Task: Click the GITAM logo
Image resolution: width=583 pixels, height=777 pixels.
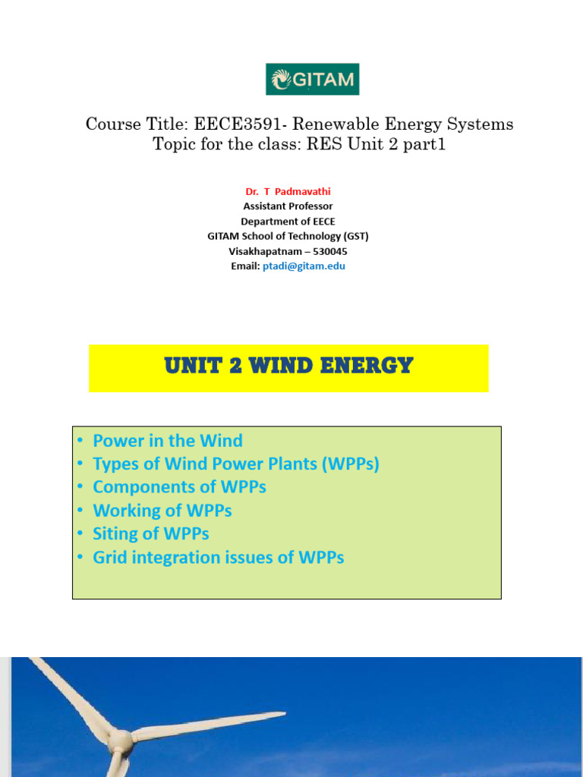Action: click(312, 79)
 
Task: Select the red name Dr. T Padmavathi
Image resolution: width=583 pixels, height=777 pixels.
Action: click(288, 191)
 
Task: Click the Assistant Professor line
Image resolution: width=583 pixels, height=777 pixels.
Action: click(288, 206)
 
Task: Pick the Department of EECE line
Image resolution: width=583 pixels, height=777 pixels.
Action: click(288, 222)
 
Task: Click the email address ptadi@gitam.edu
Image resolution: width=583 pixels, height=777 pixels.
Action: click(304, 266)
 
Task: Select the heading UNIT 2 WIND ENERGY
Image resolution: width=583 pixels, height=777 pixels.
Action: click(288, 366)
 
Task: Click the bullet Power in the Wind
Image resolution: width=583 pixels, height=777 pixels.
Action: click(168, 441)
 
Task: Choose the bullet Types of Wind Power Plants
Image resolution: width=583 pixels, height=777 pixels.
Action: click(235, 464)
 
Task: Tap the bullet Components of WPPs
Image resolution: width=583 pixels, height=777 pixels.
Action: click(179, 487)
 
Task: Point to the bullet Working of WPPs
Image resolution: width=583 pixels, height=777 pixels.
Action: click(162, 511)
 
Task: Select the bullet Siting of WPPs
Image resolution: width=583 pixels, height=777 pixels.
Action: click(151, 533)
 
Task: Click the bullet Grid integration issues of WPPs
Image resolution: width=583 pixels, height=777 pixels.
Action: click(219, 558)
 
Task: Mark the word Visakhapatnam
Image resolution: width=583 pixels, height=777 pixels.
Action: click(266, 251)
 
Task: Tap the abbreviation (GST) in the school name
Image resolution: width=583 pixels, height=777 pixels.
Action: click(355, 236)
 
